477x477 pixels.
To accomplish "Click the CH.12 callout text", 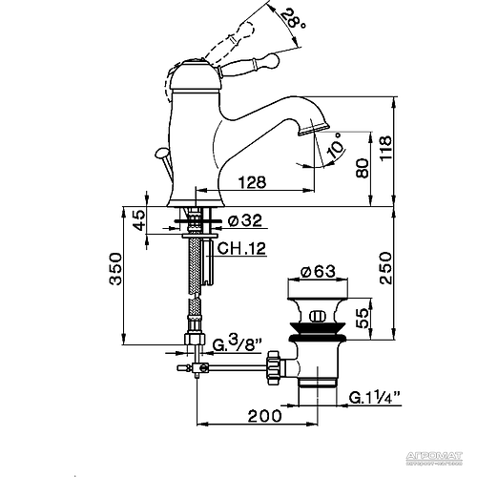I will point(239,250).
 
